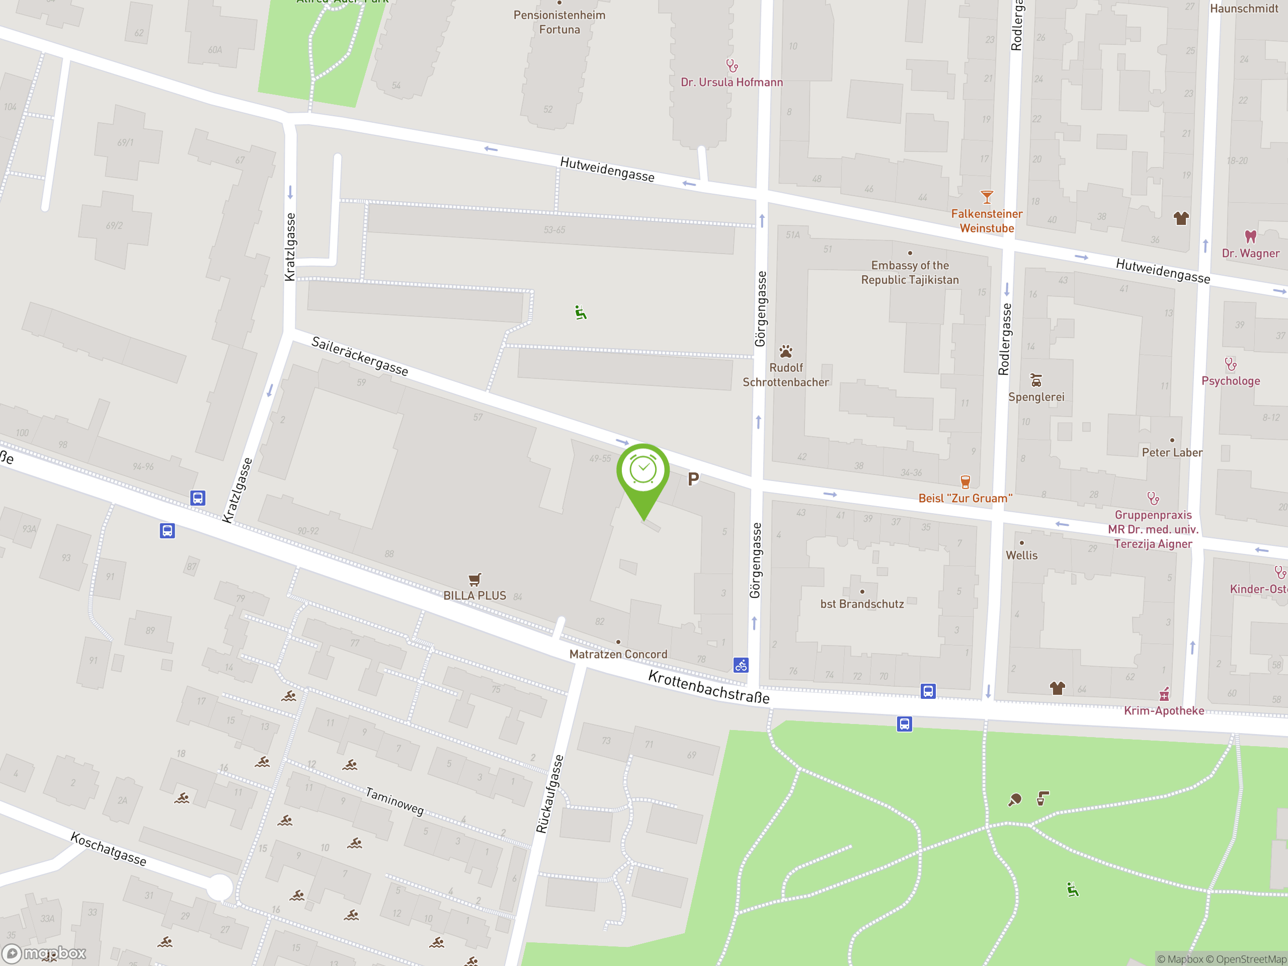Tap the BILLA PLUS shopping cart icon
tap(474, 580)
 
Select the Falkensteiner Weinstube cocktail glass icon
tap(987, 197)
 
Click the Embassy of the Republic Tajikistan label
tap(910, 273)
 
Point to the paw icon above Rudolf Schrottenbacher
tap(785, 351)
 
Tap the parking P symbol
tap(693, 479)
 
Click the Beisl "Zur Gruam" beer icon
tap(965, 481)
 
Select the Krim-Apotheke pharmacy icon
tap(1164, 694)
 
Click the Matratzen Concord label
tap(618, 654)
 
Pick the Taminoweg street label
tap(394, 801)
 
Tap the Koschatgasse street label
tap(108, 849)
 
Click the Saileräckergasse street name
tap(360, 356)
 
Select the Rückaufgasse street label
tap(550, 793)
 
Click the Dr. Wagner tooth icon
tap(1250, 236)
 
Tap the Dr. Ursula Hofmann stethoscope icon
tap(732, 65)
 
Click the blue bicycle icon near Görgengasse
tap(741, 665)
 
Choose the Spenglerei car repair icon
tap(1036, 381)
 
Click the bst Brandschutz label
tap(862, 604)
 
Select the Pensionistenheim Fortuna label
tap(559, 22)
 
